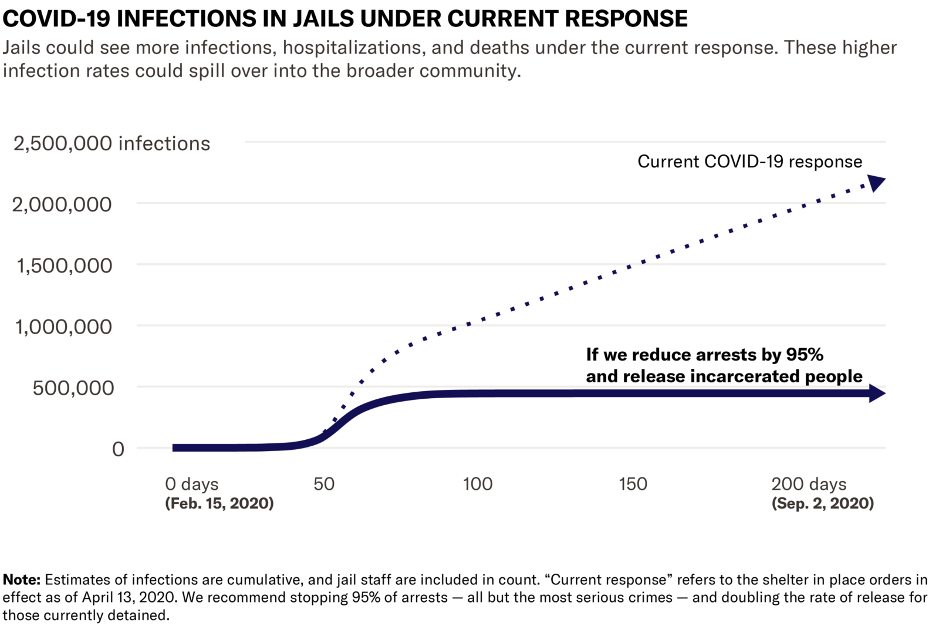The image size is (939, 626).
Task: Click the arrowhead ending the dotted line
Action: tap(876, 183)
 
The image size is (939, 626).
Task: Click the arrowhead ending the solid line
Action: tap(876, 393)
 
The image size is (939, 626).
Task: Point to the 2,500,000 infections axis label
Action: tap(112, 143)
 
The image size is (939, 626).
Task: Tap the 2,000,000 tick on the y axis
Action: tap(62, 204)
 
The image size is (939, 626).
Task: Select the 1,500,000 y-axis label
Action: tap(64, 265)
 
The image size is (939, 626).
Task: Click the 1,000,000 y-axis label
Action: tap(63, 327)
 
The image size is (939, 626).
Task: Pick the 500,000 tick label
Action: tap(73, 388)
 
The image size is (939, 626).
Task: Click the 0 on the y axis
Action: tap(118, 449)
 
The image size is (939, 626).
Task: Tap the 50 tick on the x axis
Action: tap(323, 484)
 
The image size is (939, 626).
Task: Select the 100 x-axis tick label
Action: tap(477, 484)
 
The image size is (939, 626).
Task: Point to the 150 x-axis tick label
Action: tap(633, 484)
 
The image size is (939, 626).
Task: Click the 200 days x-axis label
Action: tap(809, 484)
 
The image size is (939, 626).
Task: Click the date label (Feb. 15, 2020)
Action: tap(219, 503)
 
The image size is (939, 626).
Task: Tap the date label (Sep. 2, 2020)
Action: tap(822, 503)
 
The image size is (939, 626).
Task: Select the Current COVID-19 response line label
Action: tap(749, 161)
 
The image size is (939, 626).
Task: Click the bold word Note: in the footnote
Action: tap(22, 580)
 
